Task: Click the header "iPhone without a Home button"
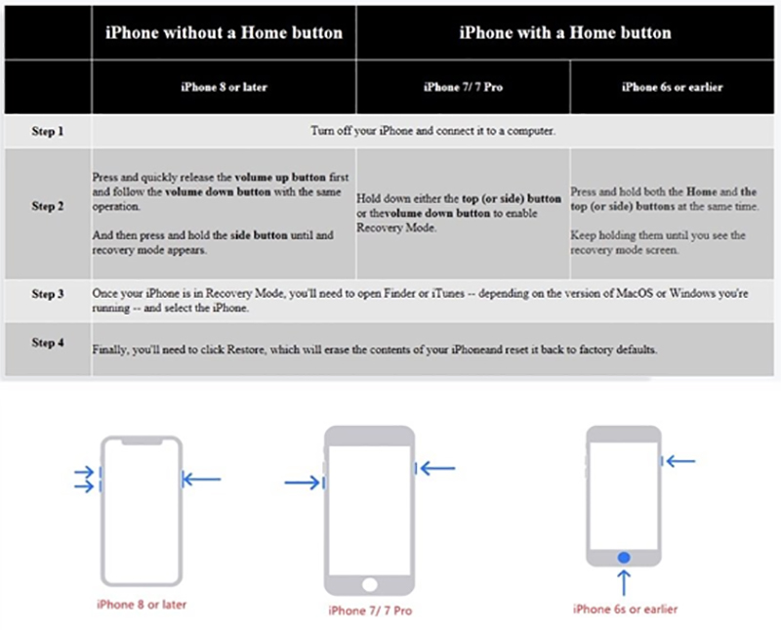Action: [224, 32]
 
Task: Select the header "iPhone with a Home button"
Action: [565, 32]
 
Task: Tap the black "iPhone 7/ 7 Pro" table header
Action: [462, 87]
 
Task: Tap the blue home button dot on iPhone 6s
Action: [624, 557]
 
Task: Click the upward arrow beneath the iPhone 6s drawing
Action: [624, 583]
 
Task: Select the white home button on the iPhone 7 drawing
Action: [369, 584]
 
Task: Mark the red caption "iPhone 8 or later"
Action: [142, 605]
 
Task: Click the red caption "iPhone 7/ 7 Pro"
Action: [369, 611]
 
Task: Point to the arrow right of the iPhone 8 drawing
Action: [202, 479]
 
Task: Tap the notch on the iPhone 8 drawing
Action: [142, 441]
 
